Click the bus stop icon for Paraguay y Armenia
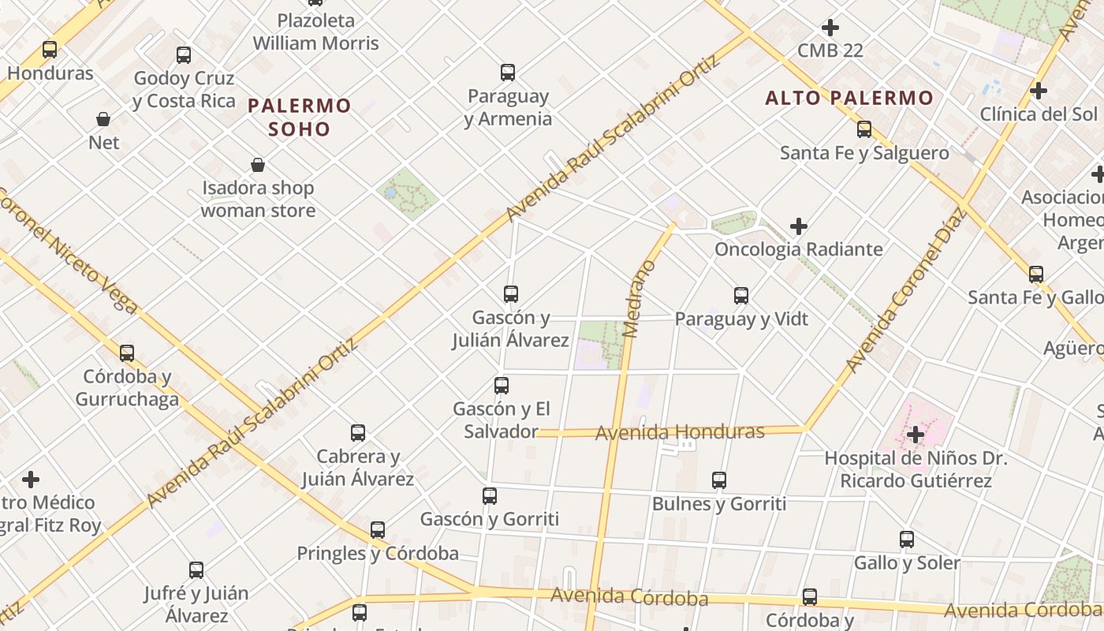click(x=508, y=73)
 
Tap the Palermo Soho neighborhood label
click(x=300, y=117)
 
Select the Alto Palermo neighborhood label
click(x=849, y=99)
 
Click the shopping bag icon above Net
click(x=103, y=119)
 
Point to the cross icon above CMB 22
click(x=830, y=28)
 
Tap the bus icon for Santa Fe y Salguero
click(x=864, y=129)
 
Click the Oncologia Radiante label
click(x=798, y=249)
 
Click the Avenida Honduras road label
click(x=680, y=432)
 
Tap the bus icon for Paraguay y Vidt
click(x=741, y=296)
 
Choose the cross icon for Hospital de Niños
click(x=915, y=435)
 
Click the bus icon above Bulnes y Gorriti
click(x=719, y=480)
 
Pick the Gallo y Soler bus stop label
click(x=907, y=562)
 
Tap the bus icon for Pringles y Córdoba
click(x=378, y=530)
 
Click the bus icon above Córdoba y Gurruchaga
click(x=127, y=353)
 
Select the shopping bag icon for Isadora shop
click(x=257, y=165)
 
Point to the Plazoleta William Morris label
click(x=315, y=32)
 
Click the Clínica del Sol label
click(x=1038, y=114)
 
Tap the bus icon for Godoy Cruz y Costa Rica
click(x=184, y=55)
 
